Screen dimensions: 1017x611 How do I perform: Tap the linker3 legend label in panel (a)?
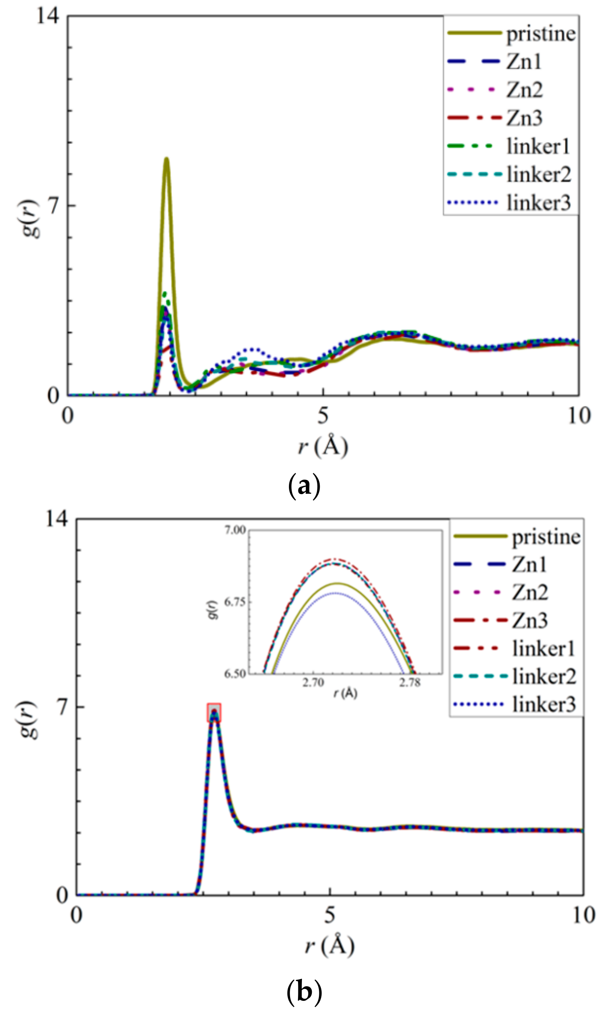coord(538,203)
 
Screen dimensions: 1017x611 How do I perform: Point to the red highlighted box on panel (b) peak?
coord(214,713)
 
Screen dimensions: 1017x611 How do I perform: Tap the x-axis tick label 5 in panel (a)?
coord(323,416)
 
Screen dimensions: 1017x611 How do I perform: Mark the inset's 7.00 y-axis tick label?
coord(235,530)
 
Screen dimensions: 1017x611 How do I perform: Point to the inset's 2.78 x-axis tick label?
coord(410,683)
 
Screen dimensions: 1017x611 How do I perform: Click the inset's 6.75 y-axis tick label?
coord(235,602)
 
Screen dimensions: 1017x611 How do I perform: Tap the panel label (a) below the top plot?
coord(304,486)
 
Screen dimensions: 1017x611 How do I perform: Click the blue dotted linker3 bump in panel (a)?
coord(252,350)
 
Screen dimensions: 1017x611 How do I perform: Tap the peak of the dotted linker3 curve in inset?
coord(337,593)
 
